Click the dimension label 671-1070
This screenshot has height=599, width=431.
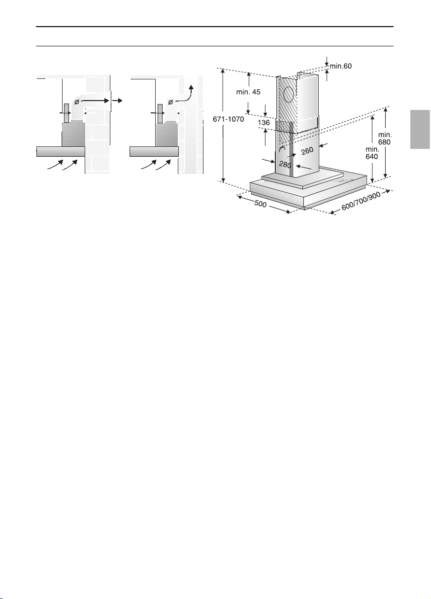228,119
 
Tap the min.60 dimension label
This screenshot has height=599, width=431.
340,66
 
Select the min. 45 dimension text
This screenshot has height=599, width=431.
248,92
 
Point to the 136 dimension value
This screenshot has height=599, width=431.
264,123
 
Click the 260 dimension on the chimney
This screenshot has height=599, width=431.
307,151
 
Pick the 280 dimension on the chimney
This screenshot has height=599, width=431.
285,164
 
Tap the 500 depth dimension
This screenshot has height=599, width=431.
260,204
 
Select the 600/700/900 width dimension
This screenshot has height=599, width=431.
361,201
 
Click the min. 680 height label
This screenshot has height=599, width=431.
385,138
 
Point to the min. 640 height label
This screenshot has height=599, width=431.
372,153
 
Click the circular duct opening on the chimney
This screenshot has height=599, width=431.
289,94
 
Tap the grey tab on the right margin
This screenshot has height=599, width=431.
420,129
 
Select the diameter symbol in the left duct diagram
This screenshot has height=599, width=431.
77,102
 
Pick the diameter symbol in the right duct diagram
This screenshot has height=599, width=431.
170,102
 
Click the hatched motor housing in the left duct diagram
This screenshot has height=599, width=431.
73,134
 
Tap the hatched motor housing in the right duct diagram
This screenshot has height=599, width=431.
167,134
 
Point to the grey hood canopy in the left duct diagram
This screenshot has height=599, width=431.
61,151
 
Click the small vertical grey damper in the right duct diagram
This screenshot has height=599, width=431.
160,113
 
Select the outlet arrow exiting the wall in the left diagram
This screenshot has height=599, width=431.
117,101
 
